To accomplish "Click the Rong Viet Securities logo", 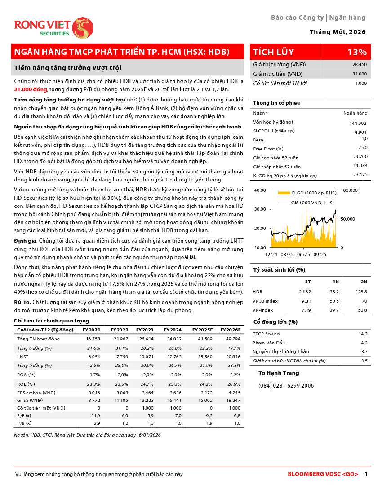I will pyautogui.click(x=53, y=27).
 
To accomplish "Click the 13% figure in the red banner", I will pyautogui.click(x=357, y=52).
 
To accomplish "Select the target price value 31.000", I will pyautogui.click(x=360, y=74).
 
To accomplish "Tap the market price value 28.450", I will pyautogui.click(x=360, y=65).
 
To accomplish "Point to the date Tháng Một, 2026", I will pyautogui.click(x=338, y=32).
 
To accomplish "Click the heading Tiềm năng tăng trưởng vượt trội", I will pyautogui.click(x=68, y=68).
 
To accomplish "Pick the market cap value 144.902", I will pyautogui.click(x=358, y=123).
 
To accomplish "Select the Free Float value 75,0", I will pyautogui.click(x=363, y=148).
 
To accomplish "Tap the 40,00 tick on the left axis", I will pyautogui.click(x=260, y=190).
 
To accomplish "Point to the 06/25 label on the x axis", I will pyautogui.click(x=304, y=254).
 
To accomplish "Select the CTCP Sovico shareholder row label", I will pyautogui.click(x=266, y=334).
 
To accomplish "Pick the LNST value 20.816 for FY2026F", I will pyautogui.click(x=232, y=357).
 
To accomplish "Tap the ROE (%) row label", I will pyautogui.click(x=26, y=384).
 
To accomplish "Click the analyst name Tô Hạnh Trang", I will pyautogui.click(x=279, y=373).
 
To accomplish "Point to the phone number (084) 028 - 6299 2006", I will pyautogui.click(x=286, y=386).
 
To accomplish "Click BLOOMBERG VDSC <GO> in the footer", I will pyautogui.click(x=323, y=474).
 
